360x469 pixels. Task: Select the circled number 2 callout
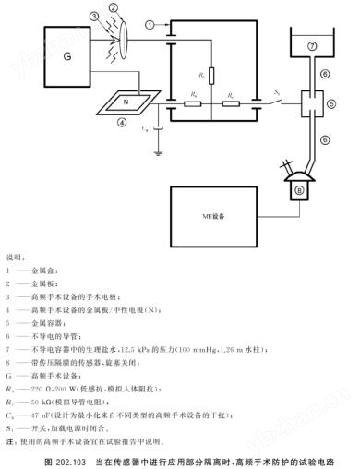(114, 8)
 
